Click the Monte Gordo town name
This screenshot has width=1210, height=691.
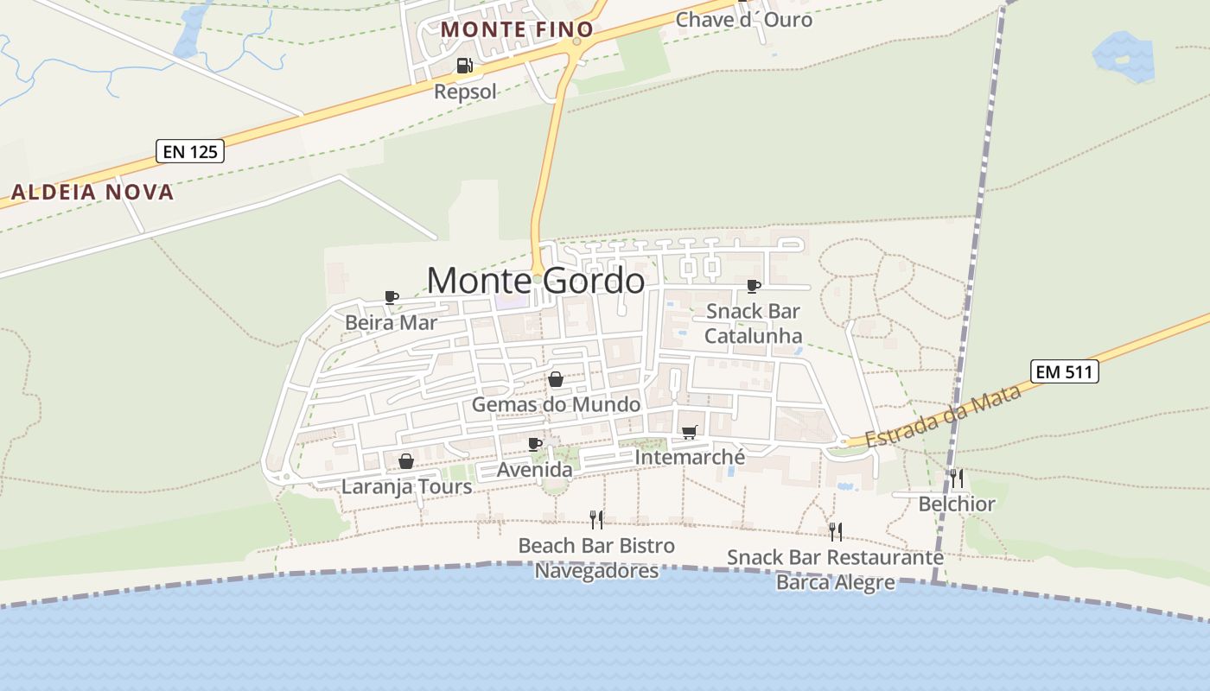pyautogui.click(x=536, y=281)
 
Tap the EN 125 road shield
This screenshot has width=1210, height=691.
pyautogui.click(x=190, y=151)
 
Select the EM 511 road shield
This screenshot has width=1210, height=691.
pyautogui.click(x=1065, y=372)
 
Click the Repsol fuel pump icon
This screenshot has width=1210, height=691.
pyautogui.click(x=465, y=66)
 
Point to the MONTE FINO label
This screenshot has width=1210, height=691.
pyautogui.click(x=517, y=29)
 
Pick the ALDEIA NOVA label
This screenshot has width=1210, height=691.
pyautogui.click(x=92, y=192)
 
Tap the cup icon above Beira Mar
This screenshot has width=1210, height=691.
pyautogui.click(x=392, y=298)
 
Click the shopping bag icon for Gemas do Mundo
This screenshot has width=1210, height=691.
pyautogui.click(x=556, y=379)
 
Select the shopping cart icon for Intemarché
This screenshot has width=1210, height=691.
pyautogui.click(x=689, y=432)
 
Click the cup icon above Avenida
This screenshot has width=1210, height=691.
pyautogui.click(x=535, y=444)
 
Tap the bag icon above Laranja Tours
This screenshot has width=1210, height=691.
pyautogui.click(x=406, y=461)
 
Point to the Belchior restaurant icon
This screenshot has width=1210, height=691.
pyautogui.click(x=957, y=479)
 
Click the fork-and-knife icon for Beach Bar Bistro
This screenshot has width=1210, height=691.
pyautogui.click(x=596, y=519)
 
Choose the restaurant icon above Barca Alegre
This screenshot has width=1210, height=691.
pyautogui.click(x=835, y=531)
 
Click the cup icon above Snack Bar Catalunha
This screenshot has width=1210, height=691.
pyautogui.click(x=754, y=286)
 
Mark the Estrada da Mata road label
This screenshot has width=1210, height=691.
pyautogui.click(x=944, y=416)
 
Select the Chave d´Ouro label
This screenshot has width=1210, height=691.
pyautogui.click(x=744, y=19)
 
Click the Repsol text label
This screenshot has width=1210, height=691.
pyautogui.click(x=465, y=91)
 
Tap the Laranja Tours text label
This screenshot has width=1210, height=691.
pyautogui.click(x=407, y=486)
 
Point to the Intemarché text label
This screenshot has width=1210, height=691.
pyautogui.click(x=690, y=457)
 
